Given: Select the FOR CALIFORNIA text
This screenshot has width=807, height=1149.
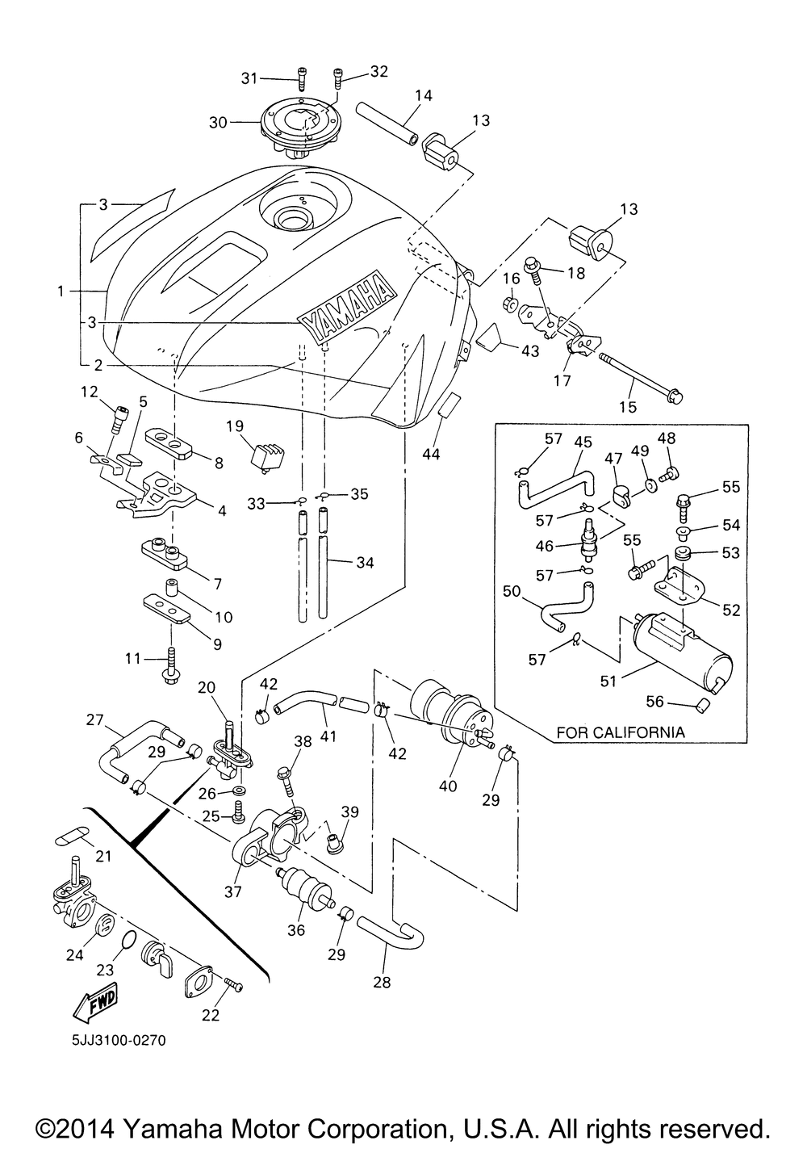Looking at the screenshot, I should coord(620,732).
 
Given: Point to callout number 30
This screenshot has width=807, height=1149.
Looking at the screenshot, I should coord(218,123).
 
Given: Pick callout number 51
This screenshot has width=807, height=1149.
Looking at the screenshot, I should coord(608,681).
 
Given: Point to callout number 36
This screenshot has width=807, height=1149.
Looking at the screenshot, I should coord(296,929).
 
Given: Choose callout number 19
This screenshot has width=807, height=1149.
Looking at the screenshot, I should coord(234,426).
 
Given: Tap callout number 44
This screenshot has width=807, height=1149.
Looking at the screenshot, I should coord(431,454).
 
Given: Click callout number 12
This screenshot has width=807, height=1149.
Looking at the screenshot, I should coord(89,392).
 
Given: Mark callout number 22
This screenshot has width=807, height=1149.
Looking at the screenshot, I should coord(211,1016).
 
